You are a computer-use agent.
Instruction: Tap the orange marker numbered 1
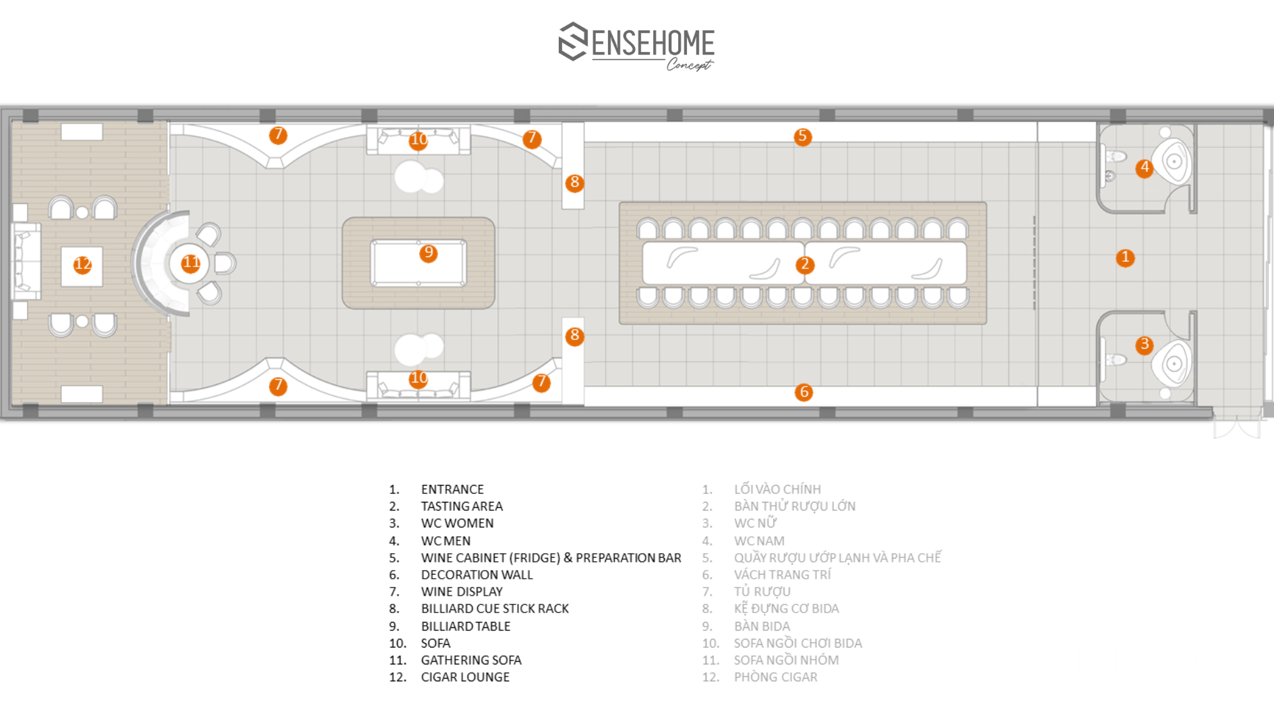click(x=1125, y=258)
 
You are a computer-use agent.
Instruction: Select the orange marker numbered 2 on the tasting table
click(x=804, y=264)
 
